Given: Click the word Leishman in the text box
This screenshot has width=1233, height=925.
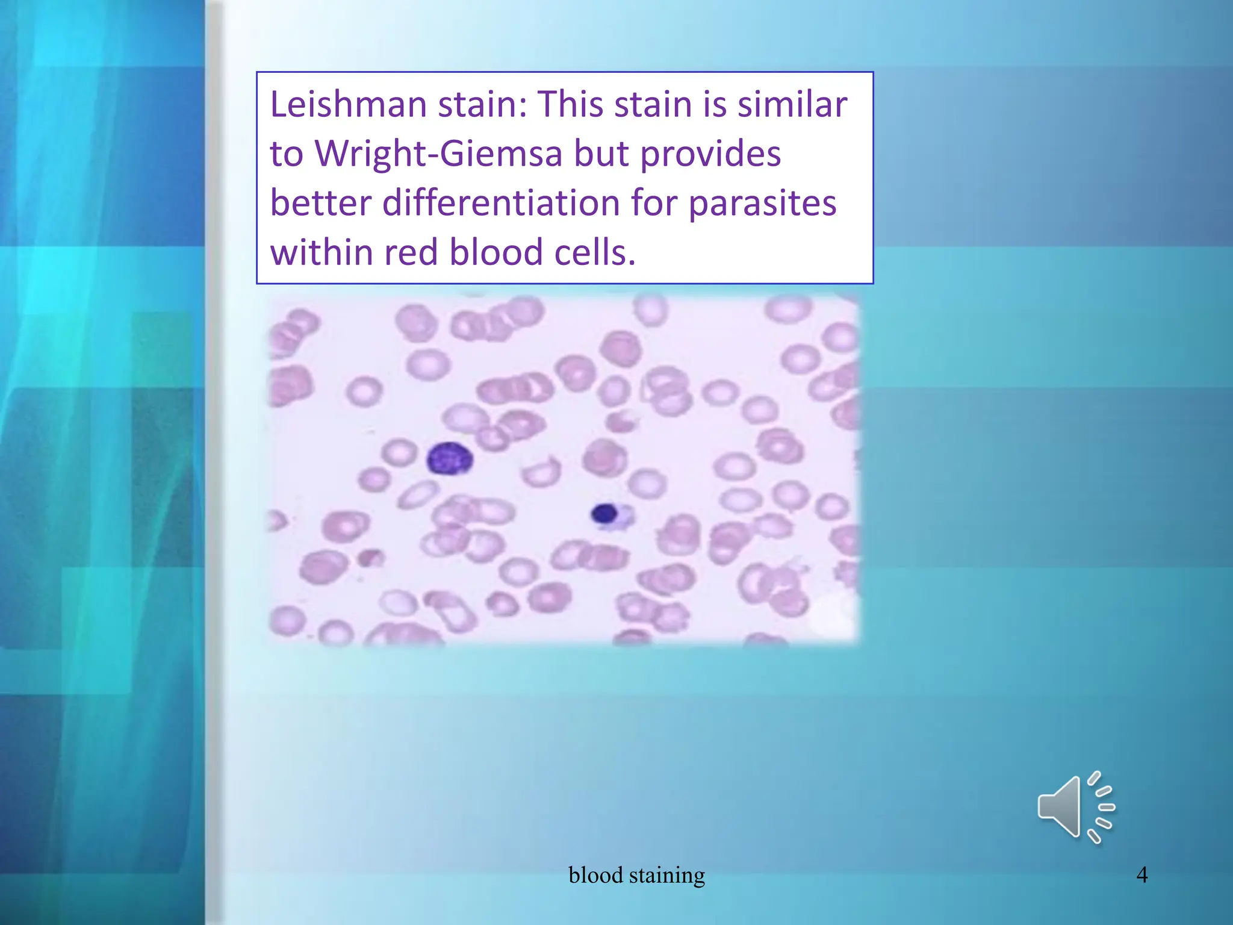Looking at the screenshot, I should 349,104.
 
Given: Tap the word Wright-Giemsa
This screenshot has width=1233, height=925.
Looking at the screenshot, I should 439,154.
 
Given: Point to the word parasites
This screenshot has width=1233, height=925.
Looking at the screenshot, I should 762,204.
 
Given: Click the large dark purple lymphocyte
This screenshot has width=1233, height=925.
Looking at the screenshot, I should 449,459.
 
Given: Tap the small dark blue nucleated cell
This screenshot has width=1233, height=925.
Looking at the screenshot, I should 604,514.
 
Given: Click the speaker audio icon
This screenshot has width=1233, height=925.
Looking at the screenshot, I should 1075,807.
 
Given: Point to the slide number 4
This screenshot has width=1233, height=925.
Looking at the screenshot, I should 1142,874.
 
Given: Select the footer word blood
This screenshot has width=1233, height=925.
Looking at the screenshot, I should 595,874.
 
